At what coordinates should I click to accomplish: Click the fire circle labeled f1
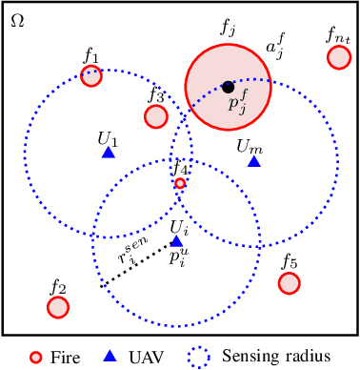point(91,76)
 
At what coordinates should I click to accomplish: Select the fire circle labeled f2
point(58,306)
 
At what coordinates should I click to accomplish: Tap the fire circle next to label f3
point(156,116)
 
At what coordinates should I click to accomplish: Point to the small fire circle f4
point(180,183)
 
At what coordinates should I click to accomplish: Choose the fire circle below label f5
point(289,283)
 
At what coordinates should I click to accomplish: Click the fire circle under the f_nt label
point(338,58)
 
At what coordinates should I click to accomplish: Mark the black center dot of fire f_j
point(228,87)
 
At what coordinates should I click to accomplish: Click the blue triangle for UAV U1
point(109,152)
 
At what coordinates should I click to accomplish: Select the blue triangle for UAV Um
point(253,161)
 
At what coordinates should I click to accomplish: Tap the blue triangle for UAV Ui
point(176,241)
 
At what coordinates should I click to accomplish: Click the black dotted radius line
point(138,263)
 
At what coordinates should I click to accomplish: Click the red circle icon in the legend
point(35,357)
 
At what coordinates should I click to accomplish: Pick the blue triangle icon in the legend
point(110,356)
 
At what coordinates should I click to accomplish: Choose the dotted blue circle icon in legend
point(200,357)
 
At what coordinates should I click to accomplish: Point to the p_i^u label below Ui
point(178,257)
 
